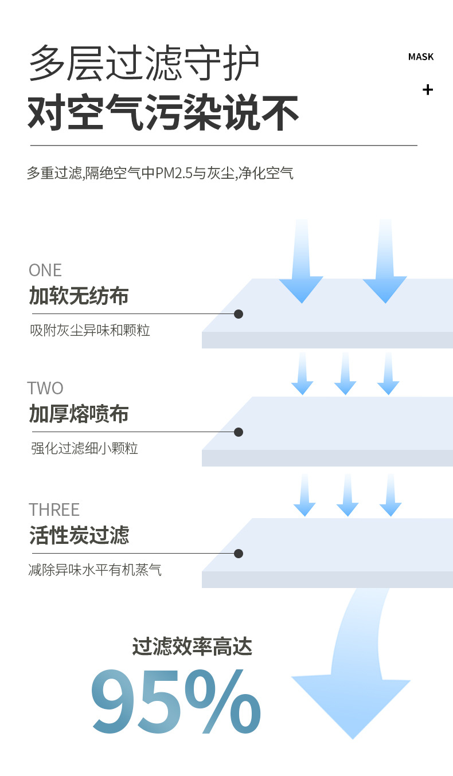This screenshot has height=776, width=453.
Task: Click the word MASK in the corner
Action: click(420, 57)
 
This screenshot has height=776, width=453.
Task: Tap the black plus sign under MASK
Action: click(427, 89)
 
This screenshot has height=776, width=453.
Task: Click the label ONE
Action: click(45, 270)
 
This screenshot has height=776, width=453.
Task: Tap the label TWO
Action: click(45, 388)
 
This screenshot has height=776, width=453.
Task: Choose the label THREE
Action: click(54, 510)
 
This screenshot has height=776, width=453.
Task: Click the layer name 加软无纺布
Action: click(79, 296)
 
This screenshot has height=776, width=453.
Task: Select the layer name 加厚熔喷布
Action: click(79, 414)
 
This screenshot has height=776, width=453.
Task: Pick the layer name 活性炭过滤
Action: click(79, 535)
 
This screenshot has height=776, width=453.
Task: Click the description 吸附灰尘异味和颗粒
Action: click(90, 331)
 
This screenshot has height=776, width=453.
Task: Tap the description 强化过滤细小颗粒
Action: click(84, 448)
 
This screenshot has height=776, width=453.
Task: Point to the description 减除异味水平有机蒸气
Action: click(95, 570)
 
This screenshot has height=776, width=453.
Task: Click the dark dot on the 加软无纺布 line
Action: click(239, 314)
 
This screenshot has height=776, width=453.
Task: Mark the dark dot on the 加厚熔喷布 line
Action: click(239, 432)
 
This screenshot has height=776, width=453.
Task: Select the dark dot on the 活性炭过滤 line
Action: click(239, 554)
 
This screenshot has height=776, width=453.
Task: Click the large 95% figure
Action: click(176, 703)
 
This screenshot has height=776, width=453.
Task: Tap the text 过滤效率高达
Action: click(192, 647)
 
